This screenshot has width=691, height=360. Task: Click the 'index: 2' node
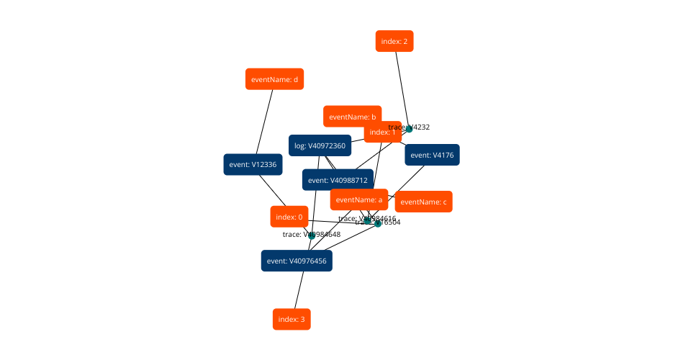394,41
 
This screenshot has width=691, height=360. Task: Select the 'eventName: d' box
274,79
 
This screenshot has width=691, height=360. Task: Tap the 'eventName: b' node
352,116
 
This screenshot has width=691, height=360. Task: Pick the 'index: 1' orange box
382,132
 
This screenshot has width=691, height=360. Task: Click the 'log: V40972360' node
320,145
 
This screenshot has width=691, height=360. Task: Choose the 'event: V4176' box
432,155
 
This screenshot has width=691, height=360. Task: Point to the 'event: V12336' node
252,164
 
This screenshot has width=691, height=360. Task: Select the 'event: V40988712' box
338,180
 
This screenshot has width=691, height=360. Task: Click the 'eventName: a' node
359,199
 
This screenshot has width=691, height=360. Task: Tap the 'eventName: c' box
424,202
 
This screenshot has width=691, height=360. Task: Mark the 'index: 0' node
290,217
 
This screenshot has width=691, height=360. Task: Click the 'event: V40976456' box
297,261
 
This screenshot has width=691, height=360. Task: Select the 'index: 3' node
292,319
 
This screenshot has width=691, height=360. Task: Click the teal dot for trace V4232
409,129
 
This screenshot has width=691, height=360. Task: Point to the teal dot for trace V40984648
312,235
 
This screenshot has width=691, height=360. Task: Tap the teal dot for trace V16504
378,223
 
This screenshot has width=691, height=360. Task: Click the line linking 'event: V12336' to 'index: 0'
271,190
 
